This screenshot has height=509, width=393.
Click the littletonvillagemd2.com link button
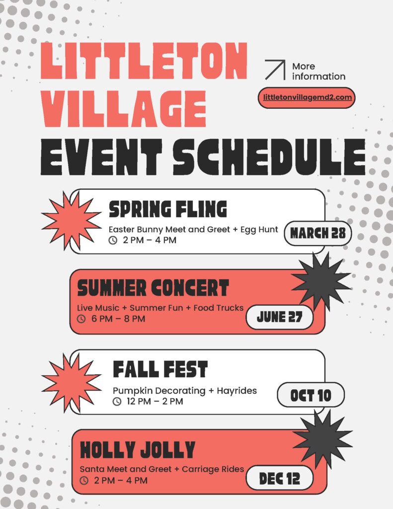click(x=307, y=97)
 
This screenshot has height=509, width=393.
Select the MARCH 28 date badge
click(x=317, y=233)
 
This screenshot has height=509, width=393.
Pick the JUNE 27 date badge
click(x=279, y=317)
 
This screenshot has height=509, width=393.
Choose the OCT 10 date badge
click(x=311, y=395)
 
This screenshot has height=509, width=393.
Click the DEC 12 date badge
click(x=279, y=479)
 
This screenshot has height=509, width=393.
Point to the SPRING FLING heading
click(x=167, y=209)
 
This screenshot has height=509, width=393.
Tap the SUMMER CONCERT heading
click(x=153, y=288)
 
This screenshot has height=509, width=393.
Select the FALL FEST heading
click(x=160, y=369)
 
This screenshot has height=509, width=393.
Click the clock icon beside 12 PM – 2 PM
click(x=117, y=402)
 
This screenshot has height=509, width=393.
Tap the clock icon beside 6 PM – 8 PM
click(x=81, y=319)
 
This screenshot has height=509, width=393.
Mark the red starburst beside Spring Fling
click(x=71, y=220)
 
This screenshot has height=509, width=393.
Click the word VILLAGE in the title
click(x=124, y=108)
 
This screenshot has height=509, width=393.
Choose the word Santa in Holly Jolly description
click(x=91, y=469)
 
